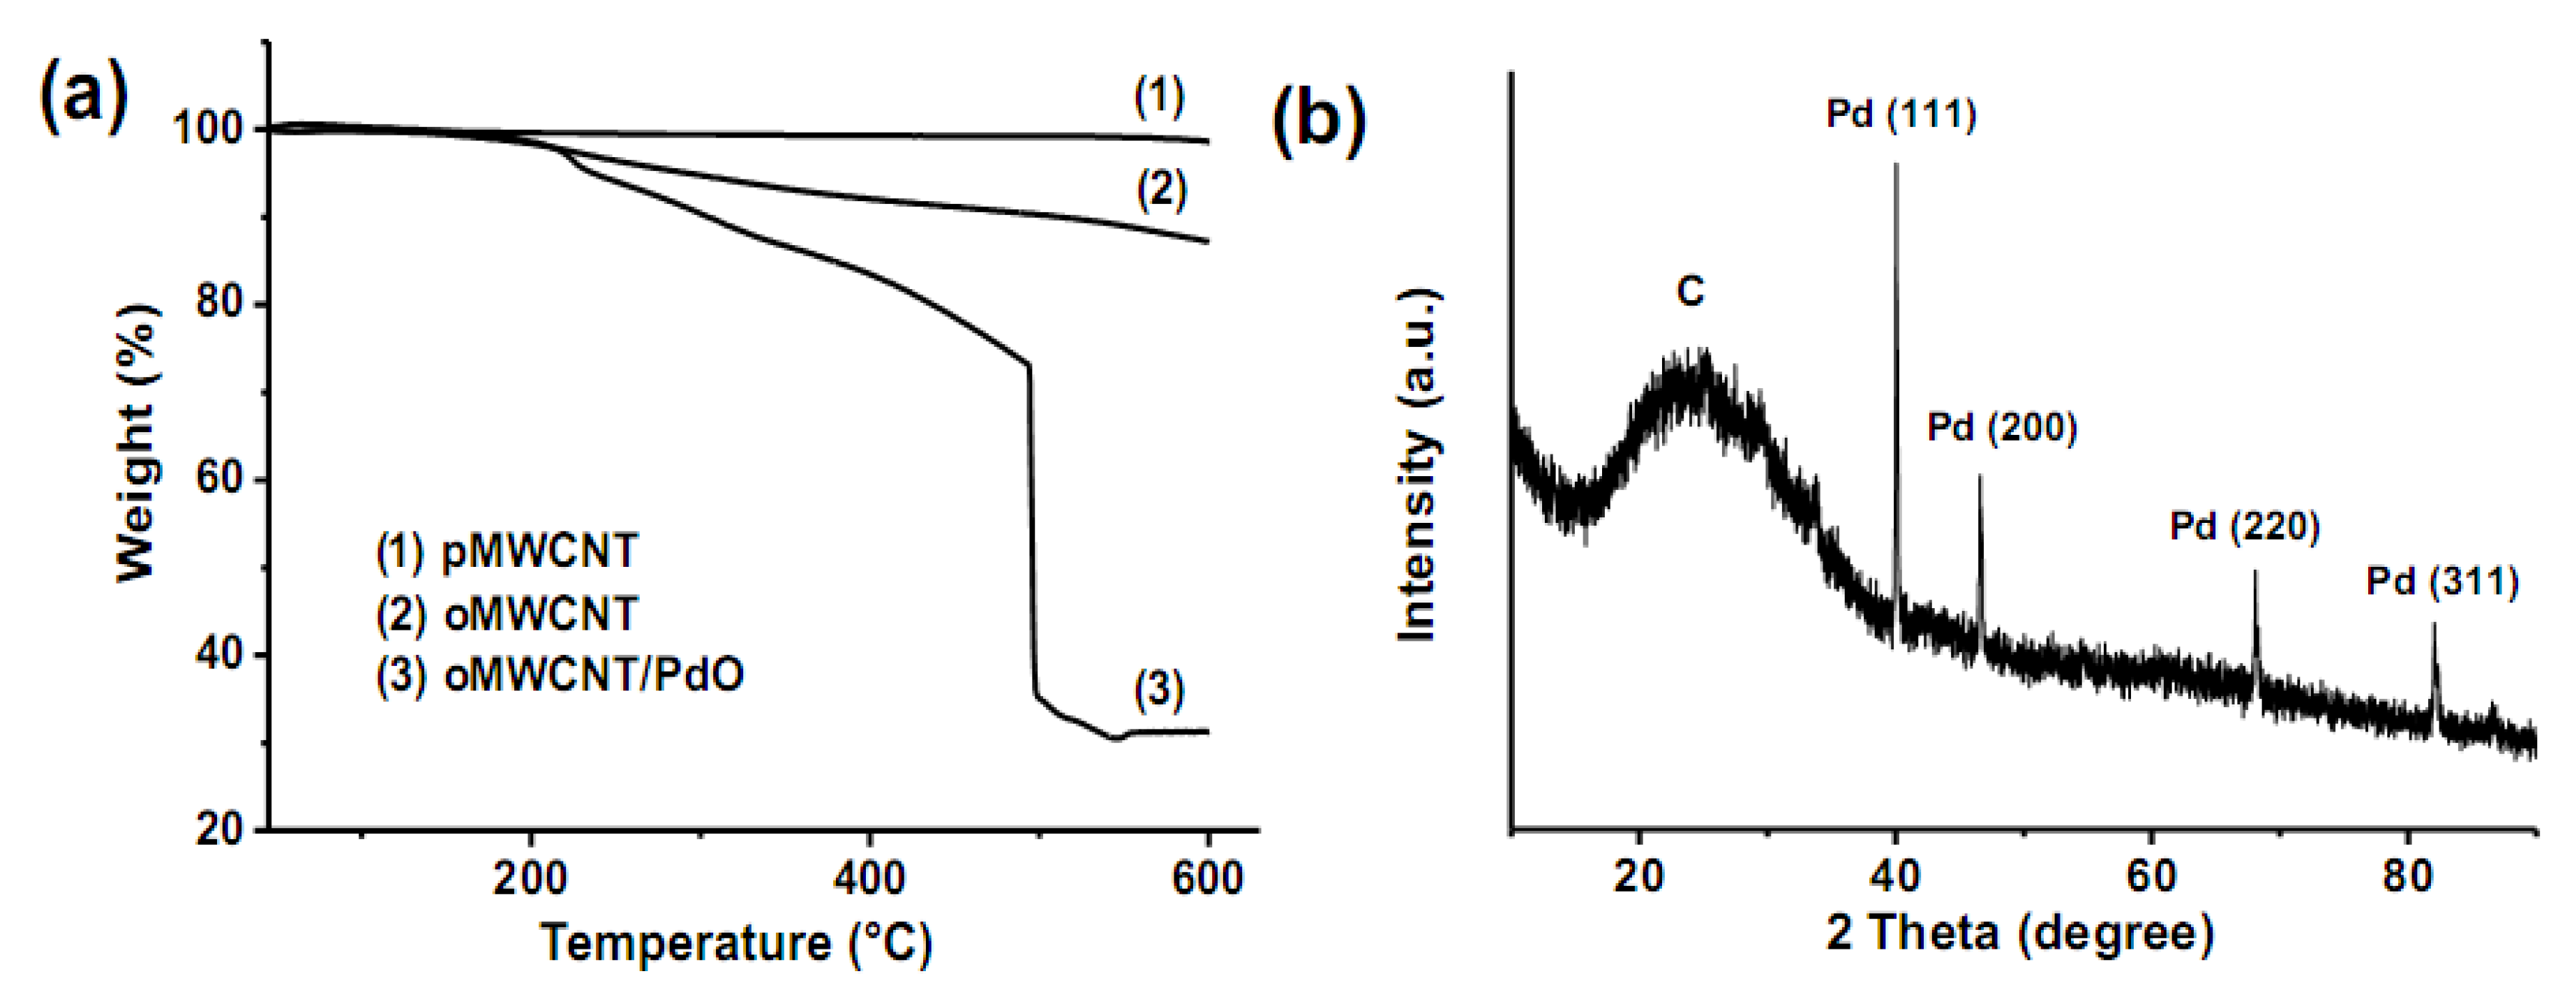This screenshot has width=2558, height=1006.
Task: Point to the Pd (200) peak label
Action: click(2002, 428)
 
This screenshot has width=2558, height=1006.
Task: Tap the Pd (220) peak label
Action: click(2244, 526)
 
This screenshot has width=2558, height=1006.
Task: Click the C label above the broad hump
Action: click(1689, 292)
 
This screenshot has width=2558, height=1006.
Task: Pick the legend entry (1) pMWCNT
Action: click(507, 551)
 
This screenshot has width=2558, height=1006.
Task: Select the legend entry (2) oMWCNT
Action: click(507, 614)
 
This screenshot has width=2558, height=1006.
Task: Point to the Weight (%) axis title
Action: click(137, 442)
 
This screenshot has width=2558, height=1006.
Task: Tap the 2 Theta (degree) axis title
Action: click(2020, 933)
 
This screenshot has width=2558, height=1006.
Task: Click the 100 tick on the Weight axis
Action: click(211, 129)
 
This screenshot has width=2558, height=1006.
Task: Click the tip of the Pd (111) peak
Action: click(1896, 165)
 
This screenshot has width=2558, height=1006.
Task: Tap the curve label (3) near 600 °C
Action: click(1159, 690)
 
